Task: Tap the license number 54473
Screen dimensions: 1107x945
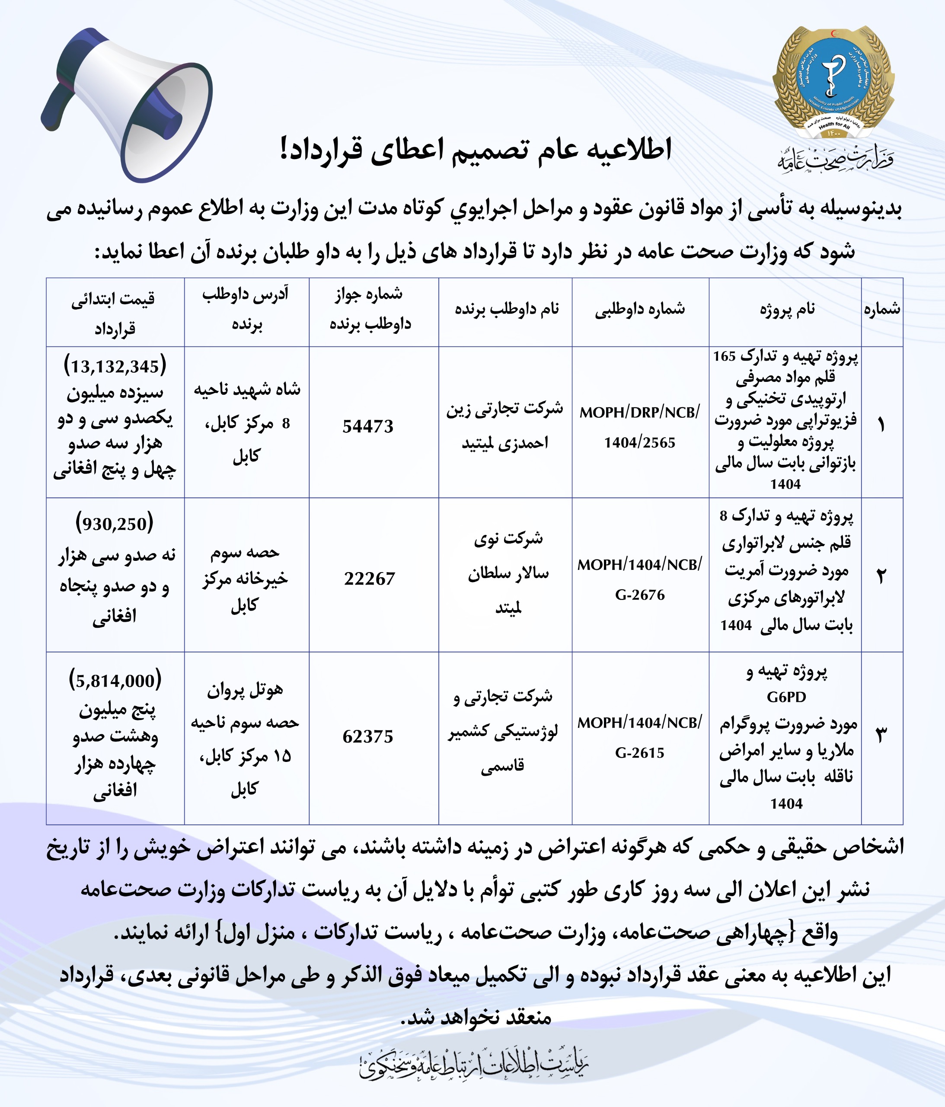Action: click(368, 426)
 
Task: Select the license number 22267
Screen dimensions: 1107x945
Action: click(369, 578)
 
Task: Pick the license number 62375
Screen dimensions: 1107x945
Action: click(368, 736)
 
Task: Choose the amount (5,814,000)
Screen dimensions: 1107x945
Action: click(115, 680)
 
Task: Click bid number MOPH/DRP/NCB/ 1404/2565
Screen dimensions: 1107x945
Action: click(639, 427)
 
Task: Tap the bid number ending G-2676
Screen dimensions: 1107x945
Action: click(639, 595)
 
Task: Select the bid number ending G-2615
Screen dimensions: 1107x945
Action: click(639, 752)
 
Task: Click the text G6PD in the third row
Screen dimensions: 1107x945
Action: click(786, 697)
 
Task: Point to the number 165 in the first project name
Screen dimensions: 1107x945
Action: click(725, 356)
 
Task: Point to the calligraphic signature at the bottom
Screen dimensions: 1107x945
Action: click(473, 1068)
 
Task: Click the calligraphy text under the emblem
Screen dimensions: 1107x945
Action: click(835, 159)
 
